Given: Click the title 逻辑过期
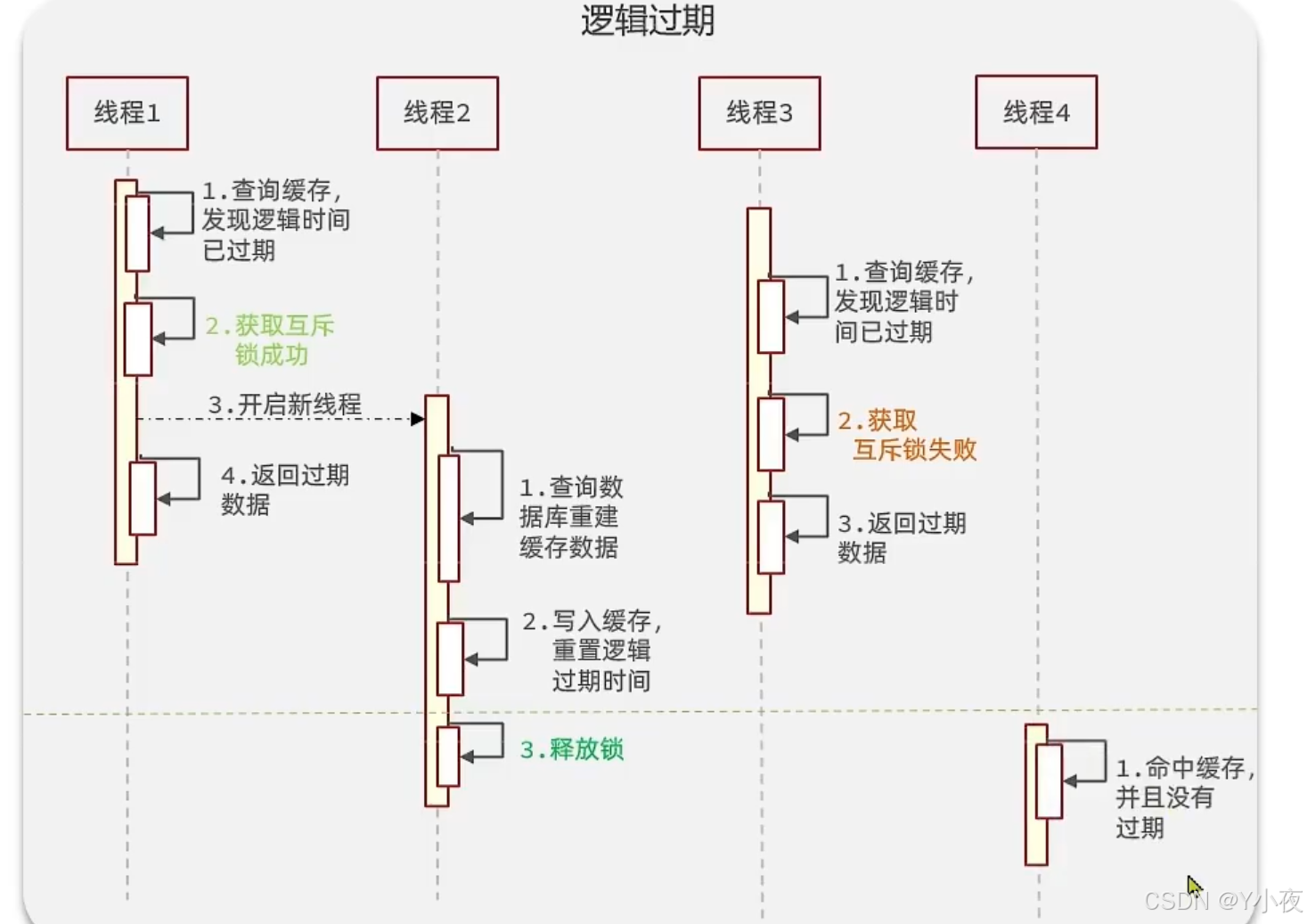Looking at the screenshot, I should [x=648, y=20].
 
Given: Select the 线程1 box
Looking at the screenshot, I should [x=127, y=113].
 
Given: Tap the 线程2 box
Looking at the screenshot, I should [x=437, y=113].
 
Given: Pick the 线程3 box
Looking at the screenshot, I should [x=759, y=113].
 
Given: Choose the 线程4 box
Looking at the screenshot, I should [x=1036, y=112].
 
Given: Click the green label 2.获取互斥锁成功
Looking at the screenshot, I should [x=270, y=340].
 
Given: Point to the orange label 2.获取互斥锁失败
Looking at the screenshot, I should [x=907, y=436].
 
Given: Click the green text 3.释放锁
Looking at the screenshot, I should [x=572, y=749].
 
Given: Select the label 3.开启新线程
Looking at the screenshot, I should [x=285, y=405].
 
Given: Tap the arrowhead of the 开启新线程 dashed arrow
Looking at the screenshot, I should [x=417, y=419].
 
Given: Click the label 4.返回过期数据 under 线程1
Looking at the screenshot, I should [x=284, y=489].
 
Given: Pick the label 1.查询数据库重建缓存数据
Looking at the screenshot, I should [x=571, y=517].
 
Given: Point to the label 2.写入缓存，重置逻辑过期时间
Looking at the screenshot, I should [x=593, y=650].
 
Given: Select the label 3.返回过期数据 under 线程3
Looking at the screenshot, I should [x=902, y=537].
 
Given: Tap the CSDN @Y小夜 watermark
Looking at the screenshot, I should [x=1223, y=901].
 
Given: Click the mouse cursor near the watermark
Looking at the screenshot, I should [x=1194, y=886].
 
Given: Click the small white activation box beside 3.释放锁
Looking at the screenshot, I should [x=448, y=756].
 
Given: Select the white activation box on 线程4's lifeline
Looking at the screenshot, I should [x=1049, y=781].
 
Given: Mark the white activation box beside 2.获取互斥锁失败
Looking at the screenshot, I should [x=771, y=434].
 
